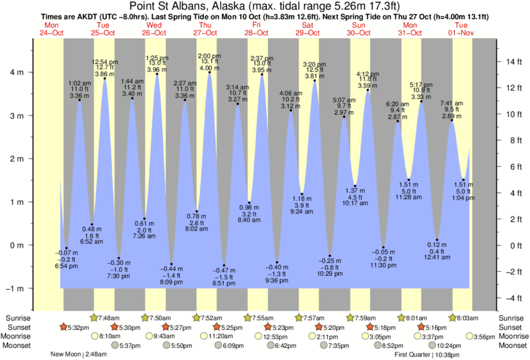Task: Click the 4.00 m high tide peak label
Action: pyautogui.click(x=209, y=68)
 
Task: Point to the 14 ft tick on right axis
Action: pyautogui.click(x=513, y=62)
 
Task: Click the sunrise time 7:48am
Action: pyautogui.click(x=108, y=317)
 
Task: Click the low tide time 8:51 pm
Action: pyautogui.click(x=225, y=283)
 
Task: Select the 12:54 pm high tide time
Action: pyautogui.click(x=105, y=61)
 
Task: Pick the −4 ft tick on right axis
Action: pyautogui.click(x=513, y=298)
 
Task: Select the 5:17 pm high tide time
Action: pyautogui.click(x=422, y=85)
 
